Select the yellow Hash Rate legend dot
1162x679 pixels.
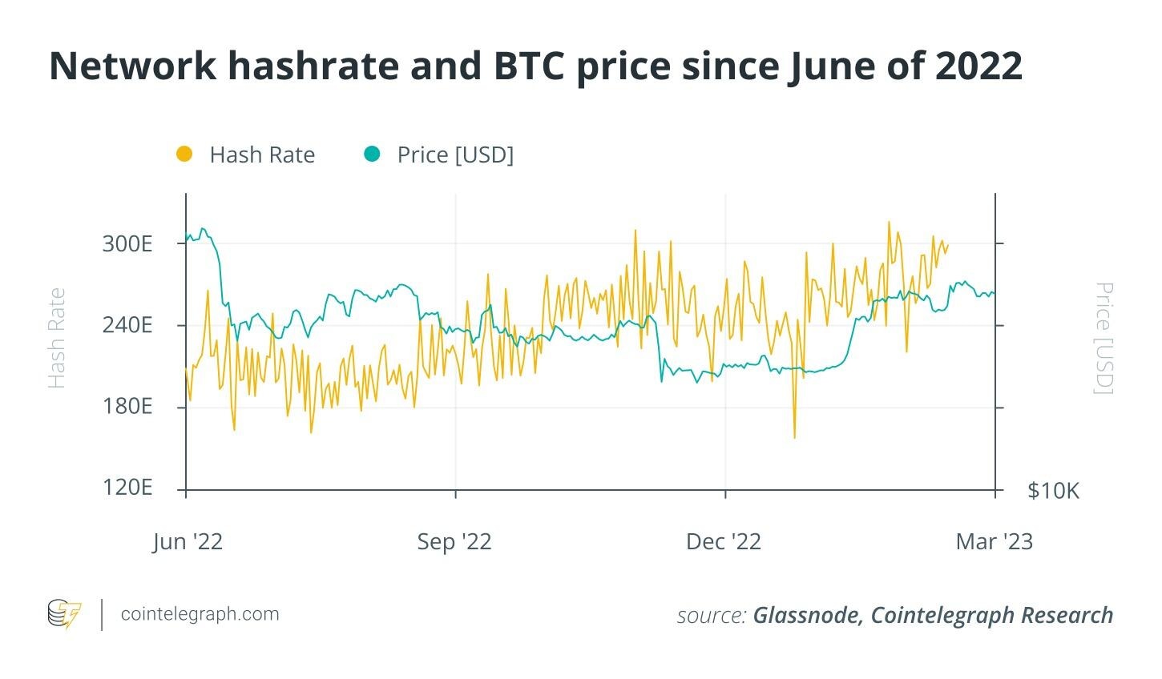[184, 154]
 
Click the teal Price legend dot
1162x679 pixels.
[372, 154]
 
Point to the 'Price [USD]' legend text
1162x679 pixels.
[455, 155]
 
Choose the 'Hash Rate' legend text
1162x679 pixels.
[262, 155]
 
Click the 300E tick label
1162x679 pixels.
[127, 243]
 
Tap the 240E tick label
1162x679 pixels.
[127, 325]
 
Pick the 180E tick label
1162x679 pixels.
[127, 407]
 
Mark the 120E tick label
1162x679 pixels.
[127, 488]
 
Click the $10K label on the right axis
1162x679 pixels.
[1053, 491]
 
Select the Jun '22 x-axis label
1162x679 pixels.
[188, 542]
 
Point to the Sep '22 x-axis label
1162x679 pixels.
[454, 542]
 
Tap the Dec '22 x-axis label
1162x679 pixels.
[724, 542]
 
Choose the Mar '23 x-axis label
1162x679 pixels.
[995, 542]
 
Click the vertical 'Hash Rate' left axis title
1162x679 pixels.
[56, 338]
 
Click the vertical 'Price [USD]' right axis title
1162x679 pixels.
[1104, 338]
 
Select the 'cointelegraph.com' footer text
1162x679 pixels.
[200, 614]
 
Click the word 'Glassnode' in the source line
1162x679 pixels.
[807, 615]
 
